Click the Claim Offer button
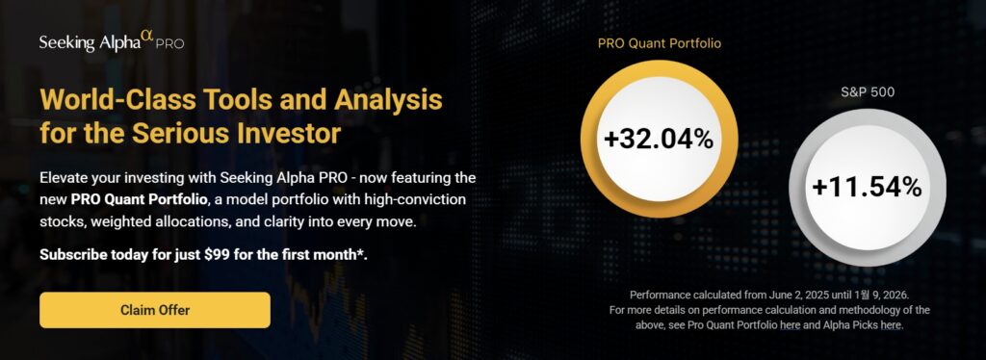(155, 310)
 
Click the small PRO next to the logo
(169, 45)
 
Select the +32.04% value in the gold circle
(659, 140)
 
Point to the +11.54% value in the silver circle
(868, 188)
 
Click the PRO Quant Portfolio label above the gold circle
(659, 44)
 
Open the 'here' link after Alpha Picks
(891, 324)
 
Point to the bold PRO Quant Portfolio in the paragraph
(139, 200)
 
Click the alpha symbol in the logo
(146, 38)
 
